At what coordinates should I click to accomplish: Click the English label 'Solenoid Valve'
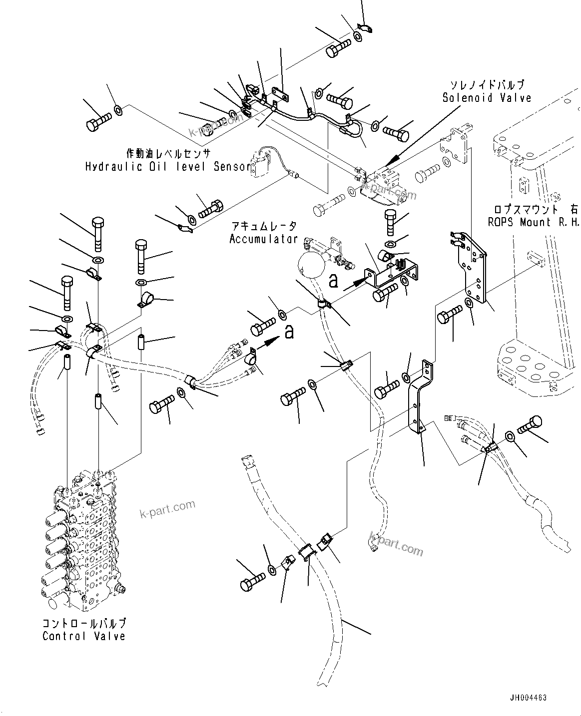click(x=487, y=98)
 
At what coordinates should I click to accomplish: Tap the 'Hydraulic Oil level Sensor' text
click(x=167, y=166)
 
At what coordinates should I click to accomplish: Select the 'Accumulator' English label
click(x=263, y=239)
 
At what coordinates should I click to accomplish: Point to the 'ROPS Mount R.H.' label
click(x=534, y=222)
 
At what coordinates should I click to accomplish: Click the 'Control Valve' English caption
click(x=84, y=636)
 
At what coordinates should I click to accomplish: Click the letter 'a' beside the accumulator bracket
click(x=333, y=281)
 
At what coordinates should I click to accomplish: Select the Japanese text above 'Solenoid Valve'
click(x=487, y=85)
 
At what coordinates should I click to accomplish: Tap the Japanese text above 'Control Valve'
click(x=84, y=623)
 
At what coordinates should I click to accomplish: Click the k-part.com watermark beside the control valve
click(x=167, y=509)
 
